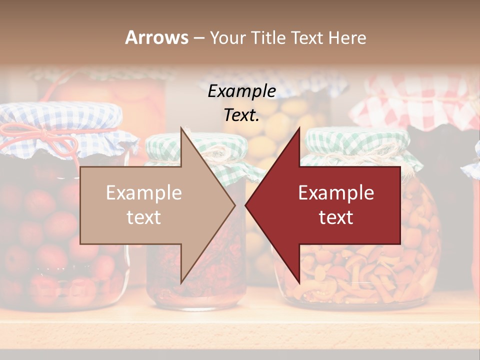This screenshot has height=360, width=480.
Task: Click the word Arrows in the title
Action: coord(157,37)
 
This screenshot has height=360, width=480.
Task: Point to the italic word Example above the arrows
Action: coord(241,91)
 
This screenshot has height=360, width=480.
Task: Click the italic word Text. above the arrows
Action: coord(241,115)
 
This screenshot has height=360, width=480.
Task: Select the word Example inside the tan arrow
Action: coord(144,192)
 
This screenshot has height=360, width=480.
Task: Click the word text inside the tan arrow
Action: coord(144,217)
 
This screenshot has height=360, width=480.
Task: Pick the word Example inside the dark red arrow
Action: coord(336,192)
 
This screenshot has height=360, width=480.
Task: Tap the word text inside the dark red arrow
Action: coord(336,217)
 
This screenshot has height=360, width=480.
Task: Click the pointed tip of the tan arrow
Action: coord(234,205)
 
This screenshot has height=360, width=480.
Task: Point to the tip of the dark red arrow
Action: coord(246,205)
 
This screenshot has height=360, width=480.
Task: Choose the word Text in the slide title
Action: coord(310,37)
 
